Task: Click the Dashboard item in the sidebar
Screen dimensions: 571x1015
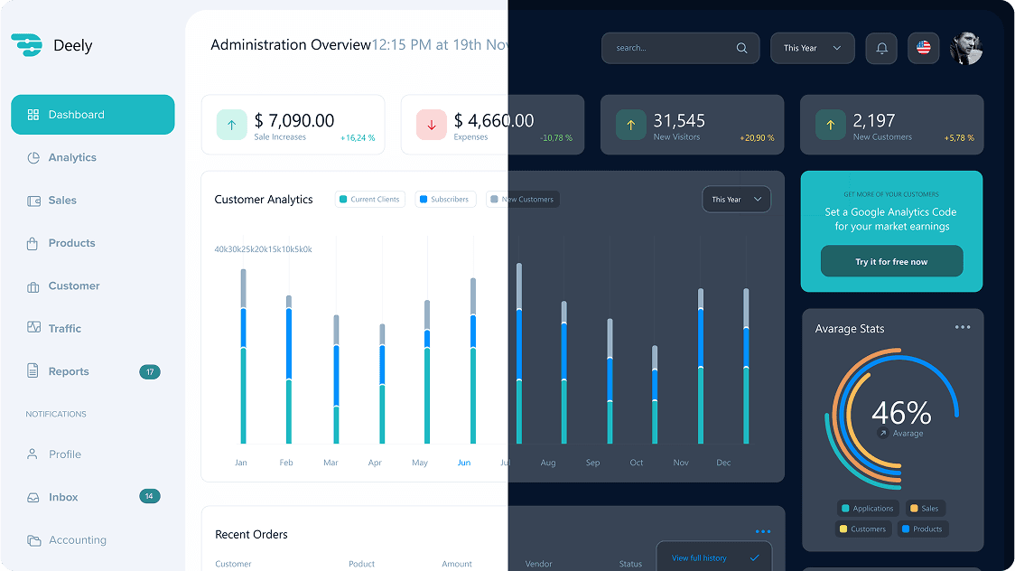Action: pos(92,115)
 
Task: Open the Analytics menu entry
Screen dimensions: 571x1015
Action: pos(72,157)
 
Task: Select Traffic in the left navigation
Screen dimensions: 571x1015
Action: pos(64,329)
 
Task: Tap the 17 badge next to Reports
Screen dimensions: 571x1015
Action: pos(150,371)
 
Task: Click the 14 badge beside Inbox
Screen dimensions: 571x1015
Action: pos(150,496)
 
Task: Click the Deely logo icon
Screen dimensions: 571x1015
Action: pos(27,45)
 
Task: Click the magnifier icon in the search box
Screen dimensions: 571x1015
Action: pos(741,48)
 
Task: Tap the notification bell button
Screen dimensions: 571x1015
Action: pos(881,48)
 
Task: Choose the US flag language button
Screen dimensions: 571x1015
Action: pos(923,48)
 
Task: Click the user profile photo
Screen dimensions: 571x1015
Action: pos(965,48)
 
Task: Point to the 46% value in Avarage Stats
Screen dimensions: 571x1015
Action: pos(900,413)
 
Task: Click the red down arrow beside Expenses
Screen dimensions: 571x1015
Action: pos(431,125)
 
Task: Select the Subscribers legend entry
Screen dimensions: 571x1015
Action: pos(444,199)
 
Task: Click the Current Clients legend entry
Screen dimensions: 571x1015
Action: pos(369,199)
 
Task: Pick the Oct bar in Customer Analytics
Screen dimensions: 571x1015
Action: pos(655,394)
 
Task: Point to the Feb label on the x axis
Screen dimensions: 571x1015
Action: pos(286,463)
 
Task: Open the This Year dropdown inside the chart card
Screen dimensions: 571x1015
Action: pos(736,199)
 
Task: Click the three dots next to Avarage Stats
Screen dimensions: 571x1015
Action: pos(963,327)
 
